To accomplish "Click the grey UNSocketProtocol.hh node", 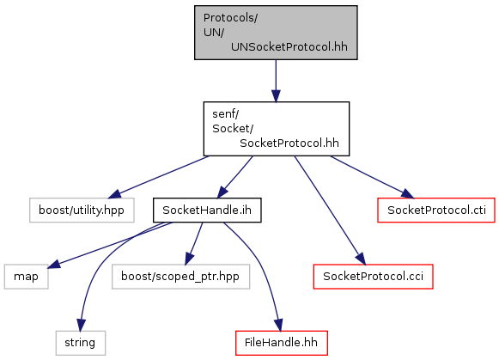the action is pyautogui.click(x=276, y=33).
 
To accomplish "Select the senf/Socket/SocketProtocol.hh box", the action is pyautogui.click(x=277, y=129).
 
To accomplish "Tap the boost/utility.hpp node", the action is pyautogui.click(x=82, y=211).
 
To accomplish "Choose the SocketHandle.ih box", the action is pyautogui.click(x=207, y=211).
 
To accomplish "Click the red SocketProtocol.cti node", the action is pyautogui.click(x=436, y=211).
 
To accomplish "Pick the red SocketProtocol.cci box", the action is pyautogui.click(x=374, y=277).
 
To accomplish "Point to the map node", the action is pyautogui.click(x=27, y=277).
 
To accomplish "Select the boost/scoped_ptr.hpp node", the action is pyautogui.click(x=180, y=277).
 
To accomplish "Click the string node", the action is pyautogui.click(x=81, y=343).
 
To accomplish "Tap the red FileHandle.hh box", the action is pyautogui.click(x=282, y=343).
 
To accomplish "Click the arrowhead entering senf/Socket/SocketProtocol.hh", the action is pyautogui.click(x=276, y=96).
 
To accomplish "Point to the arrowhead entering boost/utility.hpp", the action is pyautogui.click(x=114, y=193).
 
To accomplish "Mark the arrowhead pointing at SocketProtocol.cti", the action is pyautogui.click(x=407, y=193).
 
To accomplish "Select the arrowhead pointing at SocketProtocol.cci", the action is pyautogui.click(x=361, y=259).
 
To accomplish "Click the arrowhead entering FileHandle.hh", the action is pyautogui.click(x=278, y=325).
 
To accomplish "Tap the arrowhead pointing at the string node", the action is pyautogui.click(x=81, y=325).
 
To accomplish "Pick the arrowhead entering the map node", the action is pyautogui.click(x=54, y=264).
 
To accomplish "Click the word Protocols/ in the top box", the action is pyautogui.click(x=230, y=18).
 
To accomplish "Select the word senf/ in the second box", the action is pyautogui.click(x=226, y=113).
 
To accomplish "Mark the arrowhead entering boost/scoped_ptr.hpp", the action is pyautogui.click(x=189, y=259).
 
